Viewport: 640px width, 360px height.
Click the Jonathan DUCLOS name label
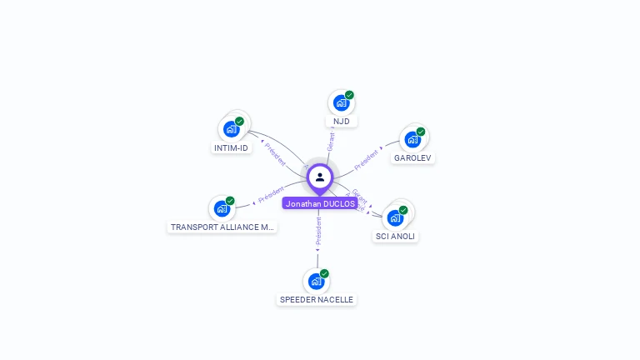coord(320,203)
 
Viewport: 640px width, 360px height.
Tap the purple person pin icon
coord(320,177)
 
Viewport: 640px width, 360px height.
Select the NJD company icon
coord(340,103)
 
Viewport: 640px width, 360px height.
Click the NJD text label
coord(341,122)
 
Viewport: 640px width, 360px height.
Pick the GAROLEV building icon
coord(412,139)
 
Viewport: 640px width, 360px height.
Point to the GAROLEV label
coord(413,157)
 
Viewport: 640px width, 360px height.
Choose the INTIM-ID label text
coord(231,148)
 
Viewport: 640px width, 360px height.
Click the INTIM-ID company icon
coord(231,129)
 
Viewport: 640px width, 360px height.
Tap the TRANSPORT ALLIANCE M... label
coord(222,227)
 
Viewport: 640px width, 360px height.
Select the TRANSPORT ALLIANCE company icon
coord(222,208)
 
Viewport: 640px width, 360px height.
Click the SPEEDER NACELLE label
coord(317,299)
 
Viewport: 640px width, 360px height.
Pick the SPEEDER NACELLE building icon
coord(315,281)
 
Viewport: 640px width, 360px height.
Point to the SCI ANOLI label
coord(395,236)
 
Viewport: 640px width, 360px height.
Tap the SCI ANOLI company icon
coord(395,217)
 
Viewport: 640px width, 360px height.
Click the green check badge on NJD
coord(350,95)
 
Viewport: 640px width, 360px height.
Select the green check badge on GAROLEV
coord(421,132)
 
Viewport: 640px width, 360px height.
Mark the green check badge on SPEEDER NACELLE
coord(324,273)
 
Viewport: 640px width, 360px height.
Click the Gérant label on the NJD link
coord(331,141)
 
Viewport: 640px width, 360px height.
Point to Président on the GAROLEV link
coord(366,158)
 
